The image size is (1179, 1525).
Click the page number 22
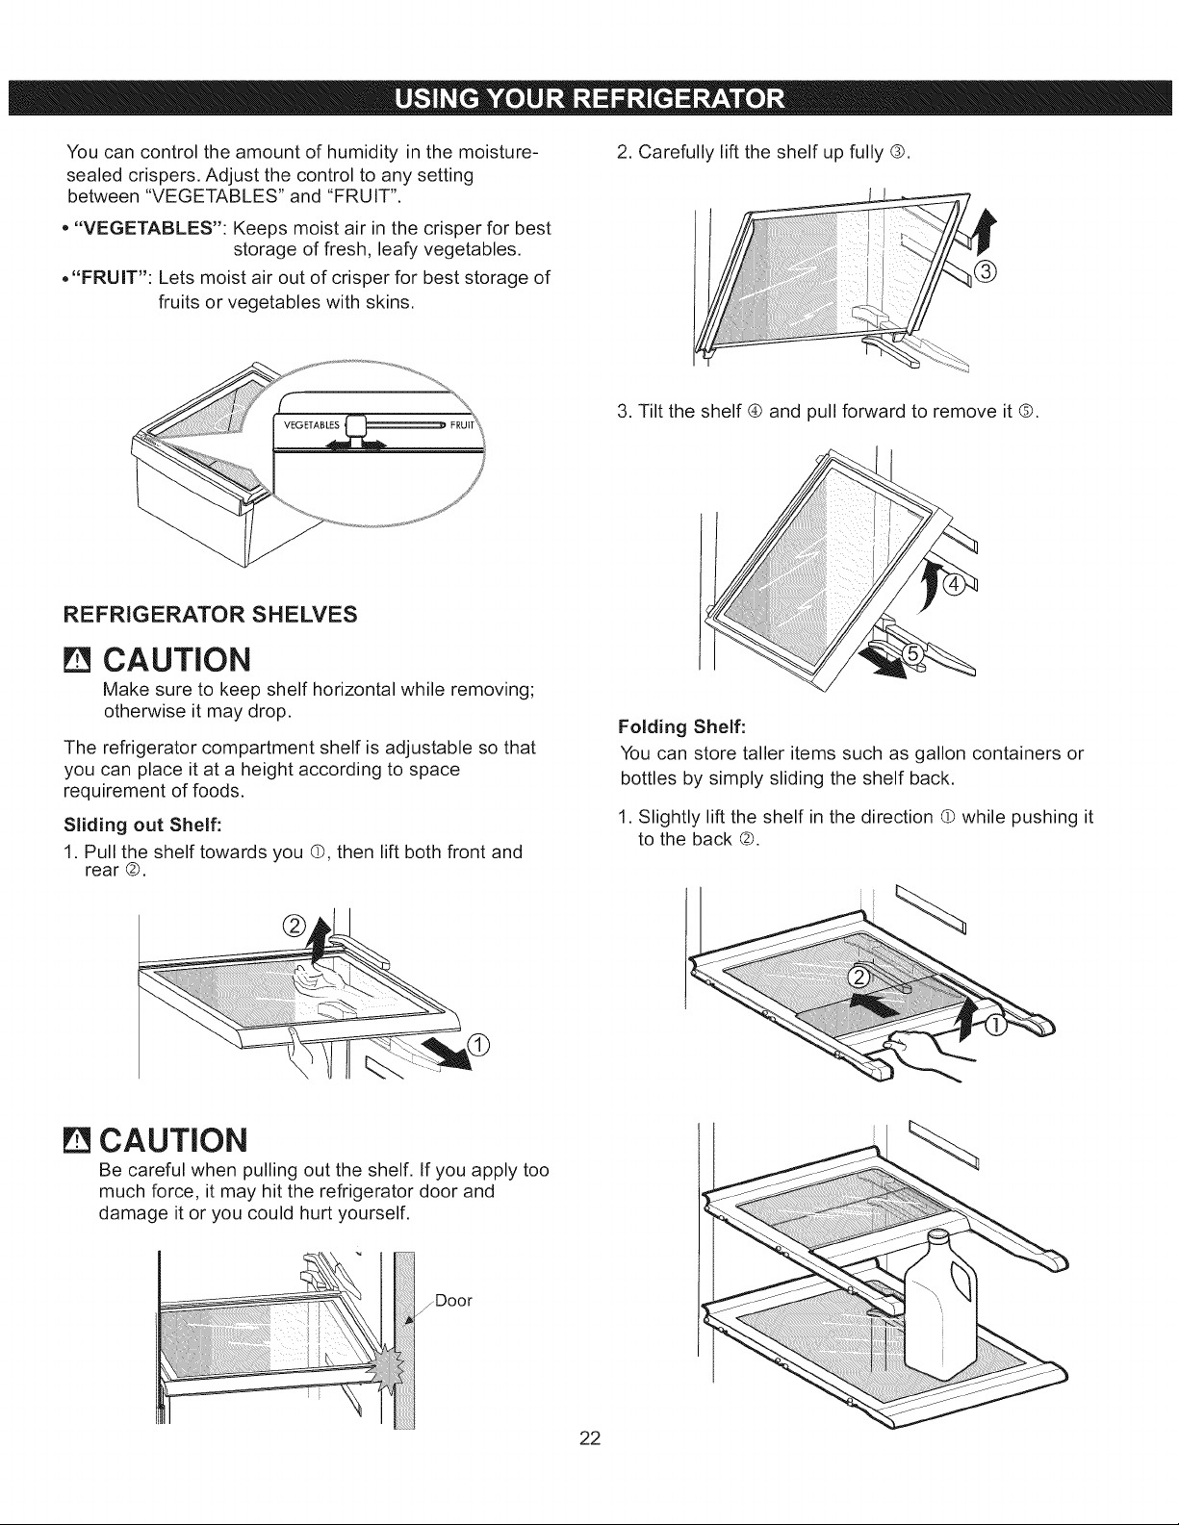click(x=589, y=1438)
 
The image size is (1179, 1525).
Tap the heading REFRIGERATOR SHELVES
click(x=211, y=615)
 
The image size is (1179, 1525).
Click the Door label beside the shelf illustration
click(x=453, y=1301)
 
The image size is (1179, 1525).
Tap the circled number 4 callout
click(x=953, y=584)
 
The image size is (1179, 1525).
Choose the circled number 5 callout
click(x=910, y=654)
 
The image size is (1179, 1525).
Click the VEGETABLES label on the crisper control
click(x=311, y=425)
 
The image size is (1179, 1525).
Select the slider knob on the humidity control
click(x=358, y=427)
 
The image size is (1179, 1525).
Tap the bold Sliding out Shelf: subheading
click(x=142, y=824)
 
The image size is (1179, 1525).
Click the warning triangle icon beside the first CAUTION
click(x=77, y=660)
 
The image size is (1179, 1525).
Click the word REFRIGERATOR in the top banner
click(x=679, y=99)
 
